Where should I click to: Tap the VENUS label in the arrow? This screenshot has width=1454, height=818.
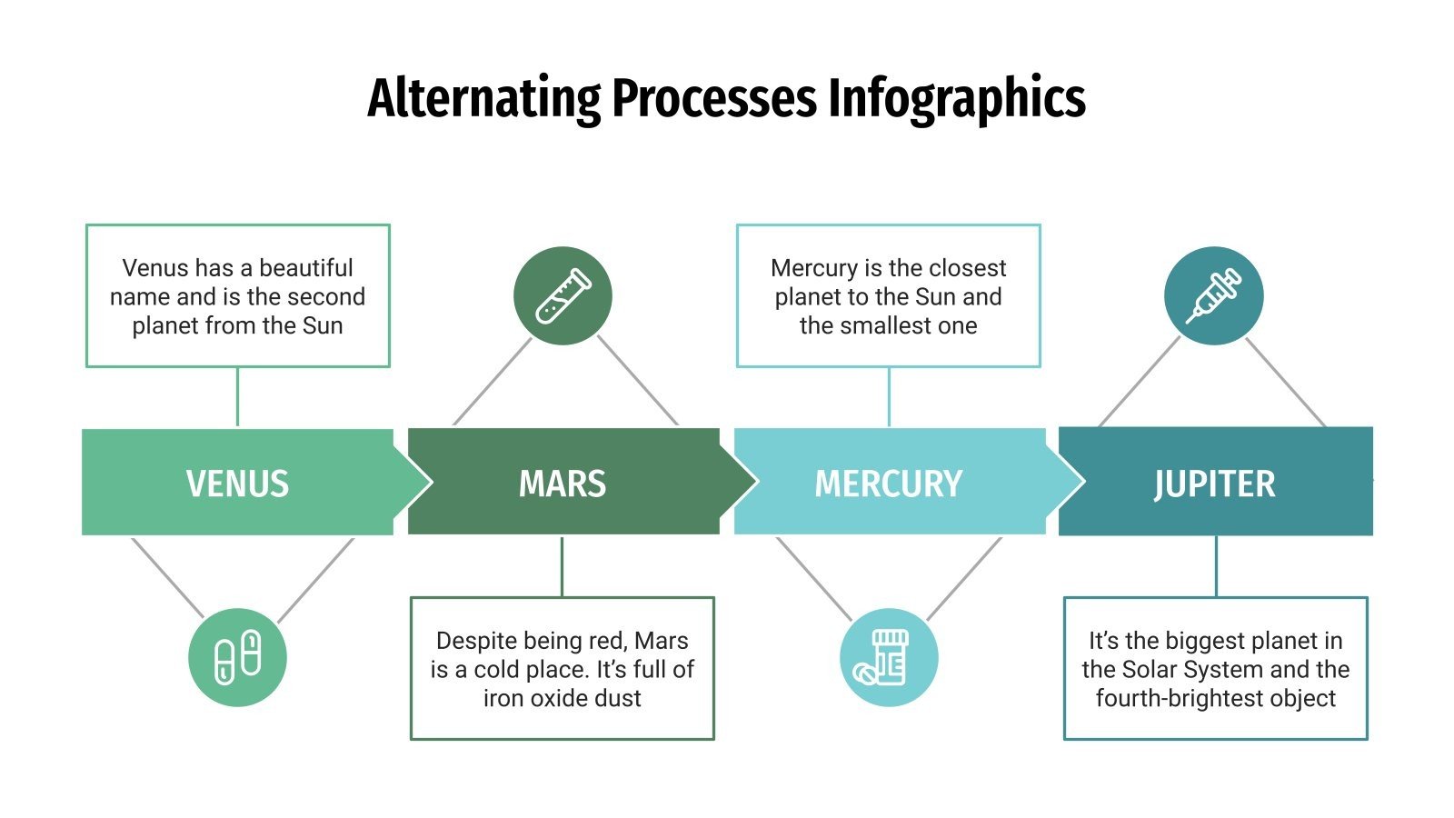coord(237,484)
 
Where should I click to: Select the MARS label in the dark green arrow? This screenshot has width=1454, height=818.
coord(563,484)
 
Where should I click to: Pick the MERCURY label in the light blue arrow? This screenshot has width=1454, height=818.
coord(888,484)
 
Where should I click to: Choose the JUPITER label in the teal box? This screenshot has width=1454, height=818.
coord(1214,484)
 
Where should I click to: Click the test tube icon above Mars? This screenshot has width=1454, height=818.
coord(563,296)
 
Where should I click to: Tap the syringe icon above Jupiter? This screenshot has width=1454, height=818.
coord(1213,296)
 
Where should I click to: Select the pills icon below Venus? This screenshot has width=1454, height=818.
coord(237,657)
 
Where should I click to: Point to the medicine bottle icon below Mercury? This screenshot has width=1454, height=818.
coord(888,657)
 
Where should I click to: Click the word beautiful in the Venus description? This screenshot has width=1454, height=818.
coord(306,268)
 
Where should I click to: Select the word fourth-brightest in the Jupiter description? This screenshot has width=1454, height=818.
coord(1180,698)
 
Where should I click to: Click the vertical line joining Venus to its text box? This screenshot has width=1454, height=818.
coord(237,397)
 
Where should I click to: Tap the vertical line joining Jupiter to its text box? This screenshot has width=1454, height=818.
coord(1216,565)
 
